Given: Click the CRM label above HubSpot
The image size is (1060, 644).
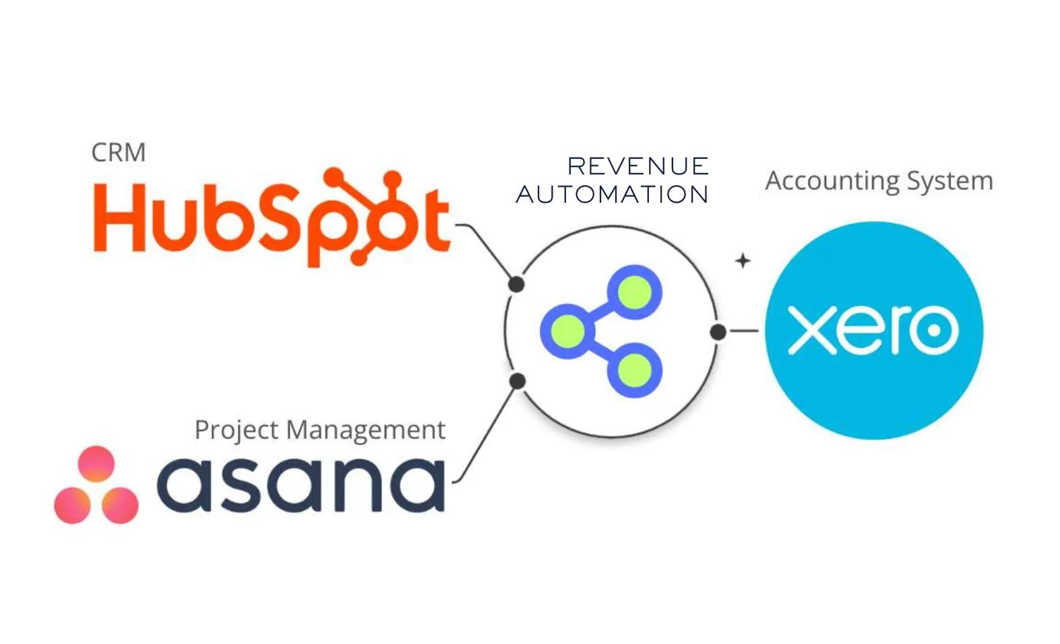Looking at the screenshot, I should pos(118,153).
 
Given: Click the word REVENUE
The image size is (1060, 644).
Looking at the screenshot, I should pos(637,166).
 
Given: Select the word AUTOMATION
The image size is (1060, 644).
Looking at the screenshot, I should pos(612,195).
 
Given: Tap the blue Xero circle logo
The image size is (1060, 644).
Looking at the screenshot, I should pos(873,330).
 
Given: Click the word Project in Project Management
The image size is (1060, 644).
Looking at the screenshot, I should pos(235,430).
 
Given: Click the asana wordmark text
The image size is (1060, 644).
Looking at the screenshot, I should pos(301,483).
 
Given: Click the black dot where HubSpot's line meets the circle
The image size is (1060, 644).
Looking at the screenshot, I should pos(516,284).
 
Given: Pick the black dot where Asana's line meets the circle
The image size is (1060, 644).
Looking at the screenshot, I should pos(517,381).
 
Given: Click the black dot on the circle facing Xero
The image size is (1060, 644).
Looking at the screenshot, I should pos(718,331).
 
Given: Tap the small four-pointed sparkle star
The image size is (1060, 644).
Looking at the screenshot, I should pos(743,261).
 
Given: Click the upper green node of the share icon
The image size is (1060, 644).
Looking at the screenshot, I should pos(634,293).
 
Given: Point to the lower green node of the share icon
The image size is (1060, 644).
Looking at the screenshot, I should pos(634,370).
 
